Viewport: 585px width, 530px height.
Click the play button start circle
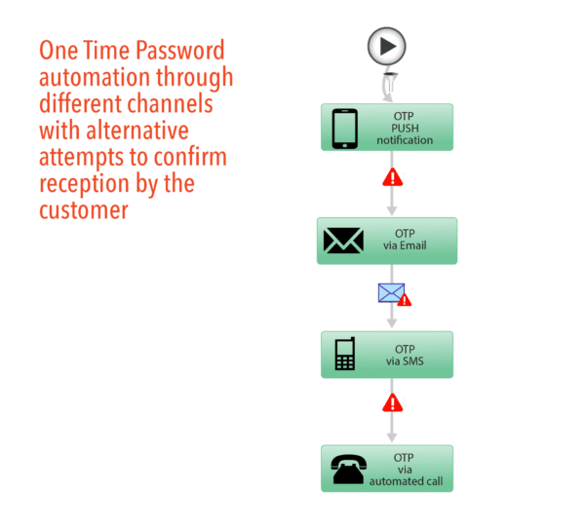(x=387, y=46)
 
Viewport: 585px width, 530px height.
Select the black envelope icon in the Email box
(x=343, y=240)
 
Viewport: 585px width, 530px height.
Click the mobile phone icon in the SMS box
(x=344, y=355)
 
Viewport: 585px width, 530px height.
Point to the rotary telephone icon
(x=347, y=470)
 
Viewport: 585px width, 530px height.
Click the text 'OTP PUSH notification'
(x=404, y=129)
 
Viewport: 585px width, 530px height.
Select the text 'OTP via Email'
(x=404, y=240)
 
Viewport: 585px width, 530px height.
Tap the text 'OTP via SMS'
(x=404, y=355)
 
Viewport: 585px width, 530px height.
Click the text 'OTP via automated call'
(x=404, y=470)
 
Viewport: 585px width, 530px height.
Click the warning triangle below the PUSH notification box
(x=392, y=178)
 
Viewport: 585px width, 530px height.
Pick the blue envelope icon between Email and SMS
(x=391, y=292)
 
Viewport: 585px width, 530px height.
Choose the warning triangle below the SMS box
(x=392, y=403)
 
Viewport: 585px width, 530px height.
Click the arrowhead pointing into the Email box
(x=392, y=209)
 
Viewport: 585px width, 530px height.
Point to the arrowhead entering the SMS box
(x=392, y=322)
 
